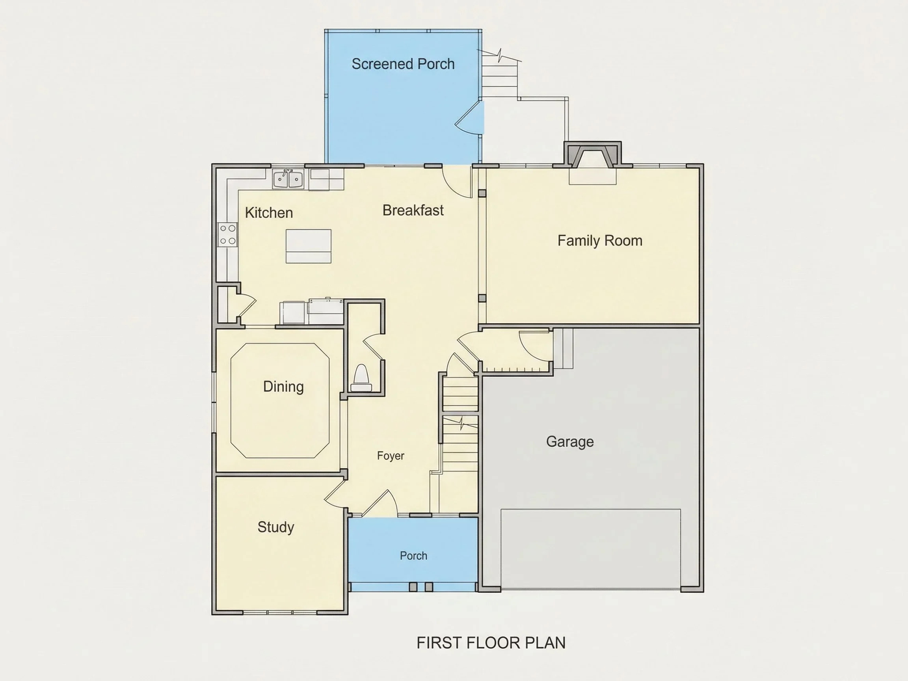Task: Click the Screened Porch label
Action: (x=403, y=64)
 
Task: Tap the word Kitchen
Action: (x=269, y=213)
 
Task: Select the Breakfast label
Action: (x=413, y=210)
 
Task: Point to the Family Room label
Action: (x=600, y=240)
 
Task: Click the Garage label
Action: (x=570, y=442)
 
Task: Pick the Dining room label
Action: (x=283, y=387)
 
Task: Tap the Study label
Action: (x=276, y=527)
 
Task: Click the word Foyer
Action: (x=391, y=456)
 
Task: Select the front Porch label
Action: (x=413, y=556)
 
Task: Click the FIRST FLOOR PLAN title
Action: (x=491, y=643)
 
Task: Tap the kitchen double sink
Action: (x=288, y=179)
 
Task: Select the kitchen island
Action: (x=308, y=246)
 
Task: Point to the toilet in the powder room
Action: (x=361, y=378)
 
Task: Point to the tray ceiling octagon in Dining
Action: (x=231, y=401)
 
